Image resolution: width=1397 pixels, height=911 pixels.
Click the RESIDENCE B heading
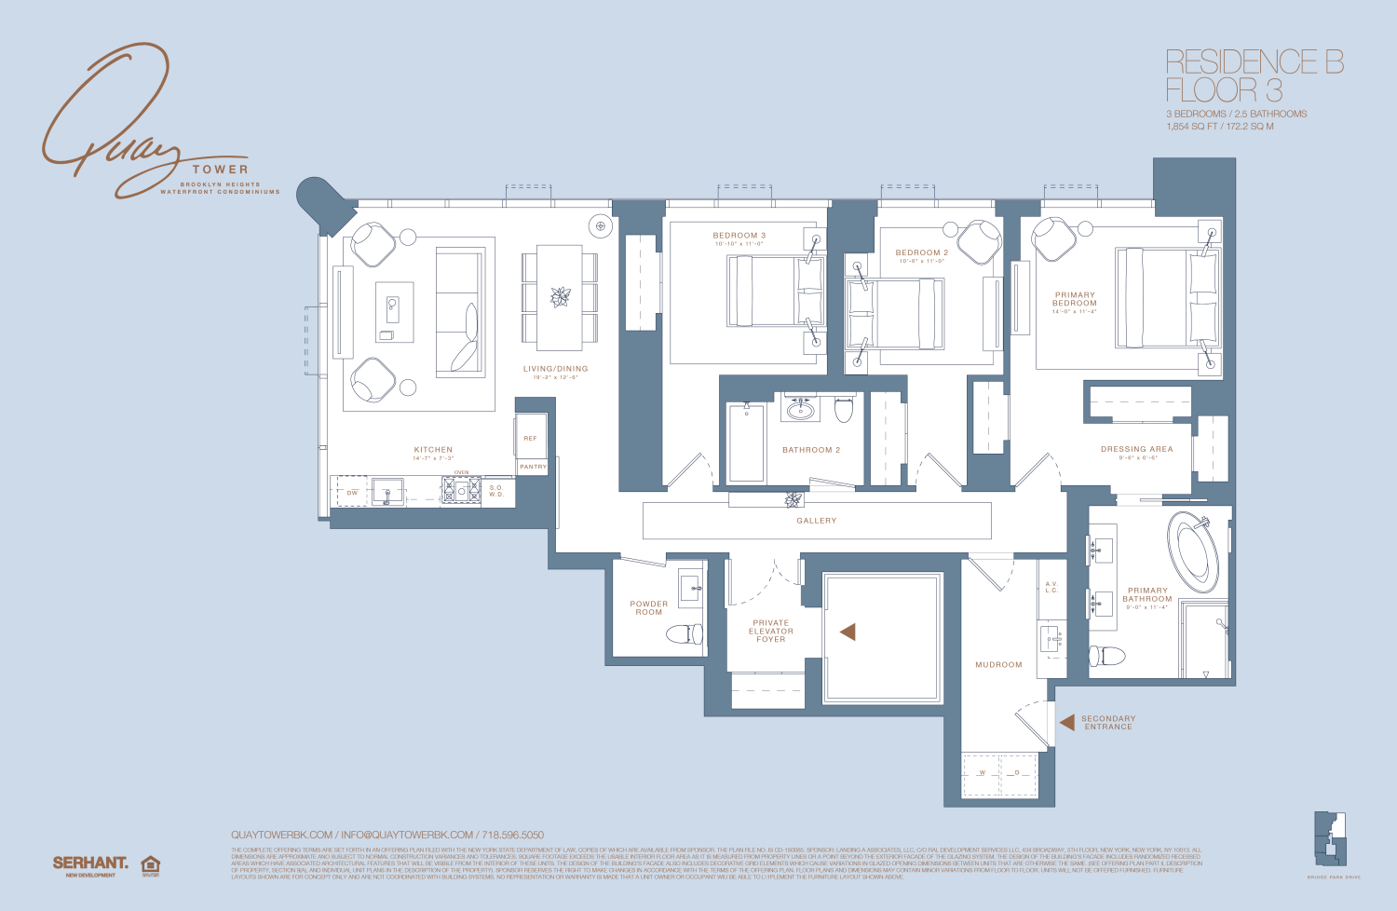tap(1255, 62)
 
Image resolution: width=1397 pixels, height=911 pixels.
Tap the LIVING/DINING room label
tap(555, 369)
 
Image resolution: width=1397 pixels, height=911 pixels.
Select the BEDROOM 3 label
tap(739, 236)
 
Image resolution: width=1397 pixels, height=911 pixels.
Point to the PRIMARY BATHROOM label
tap(1147, 594)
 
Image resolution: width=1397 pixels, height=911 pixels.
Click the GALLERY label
tap(817, 521)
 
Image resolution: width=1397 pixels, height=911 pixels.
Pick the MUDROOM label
tap(998, 665)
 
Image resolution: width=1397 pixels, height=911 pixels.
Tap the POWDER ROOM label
tap(649, 607)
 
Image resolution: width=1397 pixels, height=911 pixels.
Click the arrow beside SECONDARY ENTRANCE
tap(1067, 722)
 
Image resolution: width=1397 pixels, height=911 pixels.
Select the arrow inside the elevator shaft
tap(848, 632)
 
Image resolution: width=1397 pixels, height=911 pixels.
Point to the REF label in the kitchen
tap(530, 438)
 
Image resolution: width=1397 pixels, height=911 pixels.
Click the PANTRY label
tap(533, 467)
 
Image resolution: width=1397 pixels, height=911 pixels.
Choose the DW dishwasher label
tap(352, 493)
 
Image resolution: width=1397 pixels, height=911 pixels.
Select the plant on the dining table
tap(560, 297)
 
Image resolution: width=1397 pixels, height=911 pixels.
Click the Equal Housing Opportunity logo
tap(150, 865)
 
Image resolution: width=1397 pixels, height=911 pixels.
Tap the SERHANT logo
tap(90, 863)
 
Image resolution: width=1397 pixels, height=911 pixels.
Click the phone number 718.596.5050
tap(512, 836)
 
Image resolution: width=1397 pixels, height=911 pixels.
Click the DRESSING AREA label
tap(1136, 449)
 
